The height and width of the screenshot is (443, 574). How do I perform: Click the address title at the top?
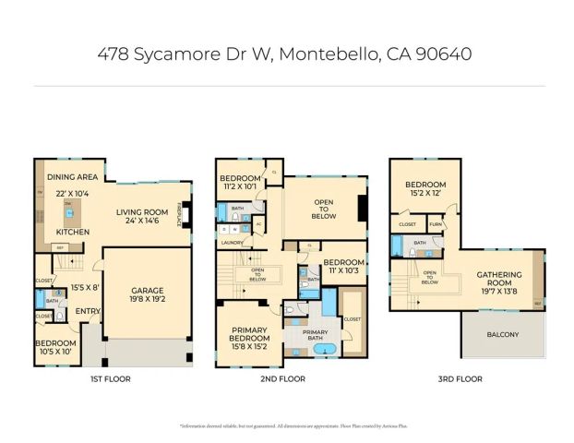[285, 54]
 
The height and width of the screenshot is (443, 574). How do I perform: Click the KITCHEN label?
[72, 232]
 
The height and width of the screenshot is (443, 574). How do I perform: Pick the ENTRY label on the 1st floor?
[88, 310]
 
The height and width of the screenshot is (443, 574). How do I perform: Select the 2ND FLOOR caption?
[283, 378]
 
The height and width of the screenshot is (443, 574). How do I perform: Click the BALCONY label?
[504, 334]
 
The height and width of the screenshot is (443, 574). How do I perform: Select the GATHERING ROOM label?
[498, 279]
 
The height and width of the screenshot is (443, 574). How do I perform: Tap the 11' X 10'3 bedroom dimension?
[343, 271]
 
